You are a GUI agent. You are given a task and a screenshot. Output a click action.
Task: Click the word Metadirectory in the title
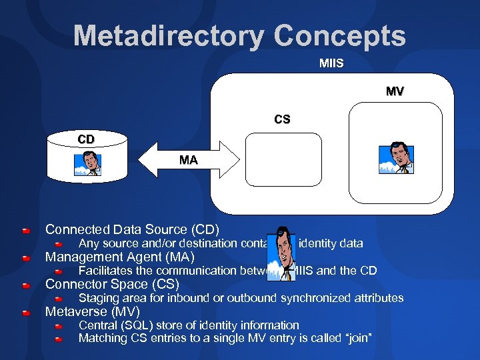pos(168,35)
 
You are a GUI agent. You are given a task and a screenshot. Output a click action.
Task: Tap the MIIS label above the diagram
pos(331,64)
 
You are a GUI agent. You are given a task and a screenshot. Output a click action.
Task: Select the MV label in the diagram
pos(395,91)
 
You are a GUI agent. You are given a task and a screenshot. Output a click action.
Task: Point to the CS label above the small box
pos(282,120)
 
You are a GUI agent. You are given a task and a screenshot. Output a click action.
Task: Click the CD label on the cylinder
pos(86,139)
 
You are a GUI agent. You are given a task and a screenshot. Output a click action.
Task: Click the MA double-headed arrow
pos(189,161)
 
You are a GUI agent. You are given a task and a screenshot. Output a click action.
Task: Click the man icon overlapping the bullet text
pos(284,256)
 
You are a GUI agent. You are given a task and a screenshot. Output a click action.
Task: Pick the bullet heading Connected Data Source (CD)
pos(132,230)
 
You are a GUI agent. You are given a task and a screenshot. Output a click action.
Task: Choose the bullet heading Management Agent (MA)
pos(120,257)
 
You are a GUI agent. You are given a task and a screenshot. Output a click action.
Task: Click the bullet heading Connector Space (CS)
pos(112,285)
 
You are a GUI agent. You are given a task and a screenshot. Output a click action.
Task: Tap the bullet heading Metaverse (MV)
pos(97,312)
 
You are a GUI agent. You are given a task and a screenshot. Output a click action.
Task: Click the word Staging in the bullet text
pos(100,298)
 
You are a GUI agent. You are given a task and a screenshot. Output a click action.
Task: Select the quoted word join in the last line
pos(355,339)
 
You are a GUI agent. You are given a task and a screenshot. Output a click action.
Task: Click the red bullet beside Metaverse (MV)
pos(25,313)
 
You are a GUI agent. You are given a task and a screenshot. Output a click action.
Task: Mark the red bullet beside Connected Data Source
pos(25,231)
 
